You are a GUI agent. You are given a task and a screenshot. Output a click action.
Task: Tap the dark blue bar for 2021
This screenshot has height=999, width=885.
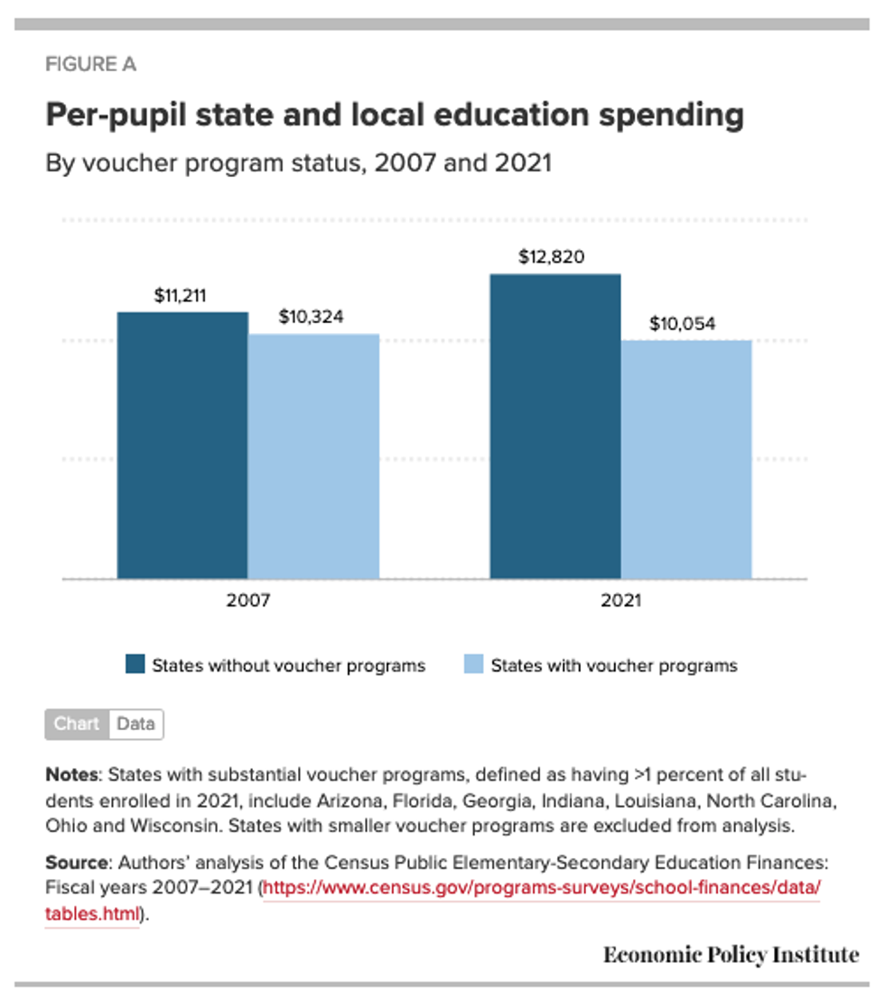554,426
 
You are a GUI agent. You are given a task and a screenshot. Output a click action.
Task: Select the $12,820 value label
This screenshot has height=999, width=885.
552,257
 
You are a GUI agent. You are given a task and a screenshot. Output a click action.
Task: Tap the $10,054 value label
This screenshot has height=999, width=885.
684,324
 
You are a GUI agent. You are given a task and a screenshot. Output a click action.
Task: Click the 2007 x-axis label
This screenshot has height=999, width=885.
247,600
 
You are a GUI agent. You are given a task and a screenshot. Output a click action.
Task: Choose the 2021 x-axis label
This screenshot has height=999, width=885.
619,600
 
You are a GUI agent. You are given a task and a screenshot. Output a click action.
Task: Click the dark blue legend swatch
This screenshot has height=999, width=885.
135,665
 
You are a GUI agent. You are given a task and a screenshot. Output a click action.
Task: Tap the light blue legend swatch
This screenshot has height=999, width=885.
474,665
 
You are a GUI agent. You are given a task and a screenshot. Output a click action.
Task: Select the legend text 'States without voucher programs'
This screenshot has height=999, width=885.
288,666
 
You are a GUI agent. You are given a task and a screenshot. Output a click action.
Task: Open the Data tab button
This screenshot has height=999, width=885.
135,724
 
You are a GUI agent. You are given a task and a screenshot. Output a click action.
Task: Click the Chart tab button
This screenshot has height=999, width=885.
77,724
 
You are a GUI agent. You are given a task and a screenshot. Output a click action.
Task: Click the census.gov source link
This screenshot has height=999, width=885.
542,888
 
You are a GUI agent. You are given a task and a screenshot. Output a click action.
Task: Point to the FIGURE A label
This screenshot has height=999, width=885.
90,65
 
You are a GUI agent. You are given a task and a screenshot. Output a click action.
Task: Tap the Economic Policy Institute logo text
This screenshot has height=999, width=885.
731,955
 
